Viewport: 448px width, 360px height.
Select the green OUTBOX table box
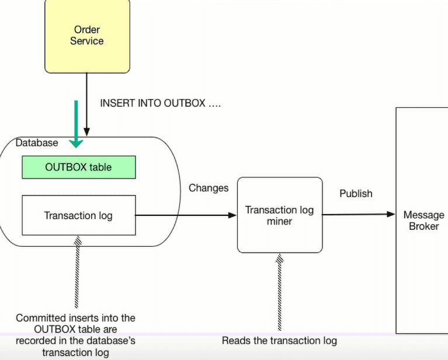click(78, 167)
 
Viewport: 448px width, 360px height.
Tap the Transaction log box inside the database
click(78, 215)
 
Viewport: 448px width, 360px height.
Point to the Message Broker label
click(423, 221)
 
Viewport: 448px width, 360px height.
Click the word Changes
click(209, 188)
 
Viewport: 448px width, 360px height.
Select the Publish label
click(356, 193)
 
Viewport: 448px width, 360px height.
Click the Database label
click(37, 142)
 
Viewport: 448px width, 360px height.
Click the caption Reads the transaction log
click(279, 340)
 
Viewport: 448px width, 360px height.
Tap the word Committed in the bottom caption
click(38, 318)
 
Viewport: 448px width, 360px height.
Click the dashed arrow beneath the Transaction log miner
click(279, 289)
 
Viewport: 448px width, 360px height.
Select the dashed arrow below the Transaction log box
click(76, 271)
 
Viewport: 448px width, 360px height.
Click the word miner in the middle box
click(279, 221)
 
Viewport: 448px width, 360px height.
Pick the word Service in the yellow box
click(87, 41)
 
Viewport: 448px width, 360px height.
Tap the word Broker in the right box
click(423, 226)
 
